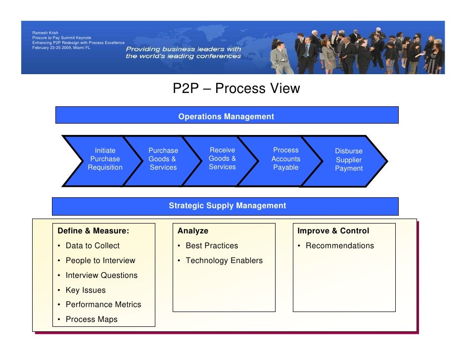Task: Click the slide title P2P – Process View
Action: click(236, 89)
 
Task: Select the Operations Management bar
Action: click(226, 117)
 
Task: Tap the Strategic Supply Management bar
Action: click(227, 206)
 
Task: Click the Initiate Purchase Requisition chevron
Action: click(105, 159)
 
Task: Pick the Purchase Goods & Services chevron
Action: click(163, 159)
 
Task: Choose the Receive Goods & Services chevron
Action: click(222, 159)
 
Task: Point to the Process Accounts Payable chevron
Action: click(285, 159)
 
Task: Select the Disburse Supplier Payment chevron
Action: click(348, 160)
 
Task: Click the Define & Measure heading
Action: click(93, 231)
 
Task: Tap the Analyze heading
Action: click(193, 231)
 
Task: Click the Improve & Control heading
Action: click(333, 231)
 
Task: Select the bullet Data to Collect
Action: click(93, 246)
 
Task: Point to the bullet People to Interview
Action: click(100, 261)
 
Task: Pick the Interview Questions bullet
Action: click(101, 275)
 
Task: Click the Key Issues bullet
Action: click(86, 290)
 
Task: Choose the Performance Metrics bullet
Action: click(103, 305)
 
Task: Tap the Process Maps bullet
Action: click(92, 319)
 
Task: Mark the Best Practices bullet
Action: click(212, 246)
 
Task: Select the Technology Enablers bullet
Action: click(224, 261)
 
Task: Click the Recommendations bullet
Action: click(340, 246)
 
